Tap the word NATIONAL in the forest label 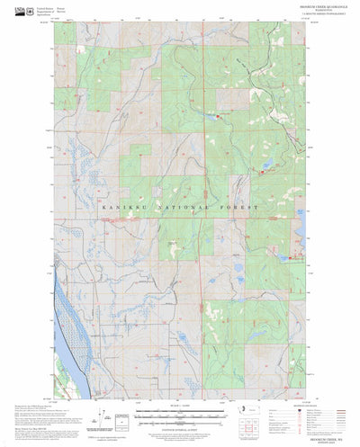pos(181,208)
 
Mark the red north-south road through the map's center pos(201,270)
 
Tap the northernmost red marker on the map pos(219,116)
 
